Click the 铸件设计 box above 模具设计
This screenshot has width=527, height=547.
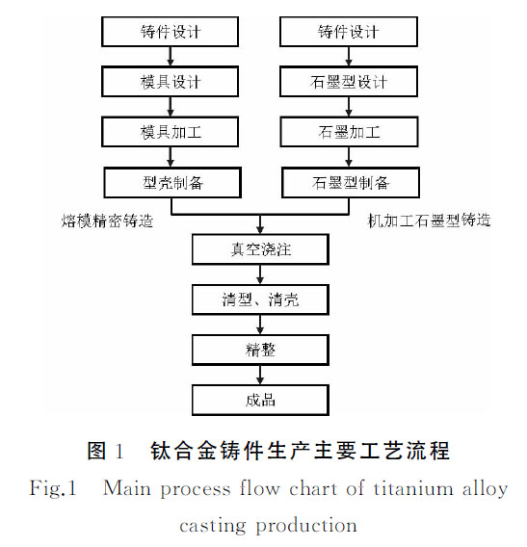pos(171,32)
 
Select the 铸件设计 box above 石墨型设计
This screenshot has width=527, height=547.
pos(349,32)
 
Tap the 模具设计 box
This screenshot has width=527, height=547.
pos(171,81)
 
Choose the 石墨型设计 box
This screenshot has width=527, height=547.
pos(349,81)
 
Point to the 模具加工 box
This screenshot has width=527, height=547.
pos(171,130)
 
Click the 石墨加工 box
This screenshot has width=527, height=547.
pos(349,130)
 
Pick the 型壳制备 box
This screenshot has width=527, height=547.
pos(171,180)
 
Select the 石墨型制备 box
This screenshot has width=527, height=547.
pos(349,180)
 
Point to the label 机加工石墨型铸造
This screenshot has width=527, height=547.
pos(429,221)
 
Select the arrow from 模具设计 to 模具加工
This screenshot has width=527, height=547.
pos(171,105)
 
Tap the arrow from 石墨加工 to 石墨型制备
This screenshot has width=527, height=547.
pos(349,155)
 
